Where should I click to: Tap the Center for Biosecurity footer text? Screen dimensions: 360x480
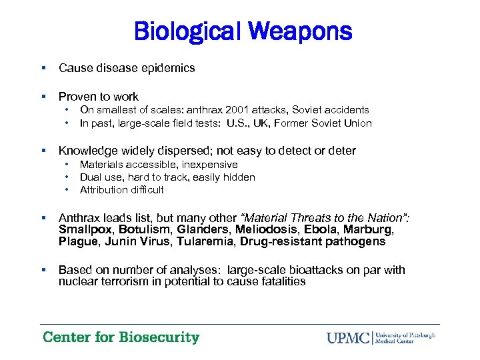pyautogui.click(x=121, y=337)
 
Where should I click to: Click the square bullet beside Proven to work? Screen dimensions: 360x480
pyautogui.click(x=43, y=97)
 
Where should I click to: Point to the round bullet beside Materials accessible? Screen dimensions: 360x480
pyautogui.click(x=67, y=164)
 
